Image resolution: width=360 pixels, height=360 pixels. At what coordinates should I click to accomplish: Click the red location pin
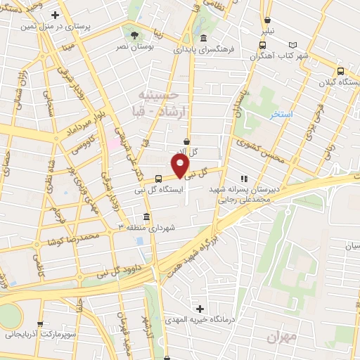coord(181,166)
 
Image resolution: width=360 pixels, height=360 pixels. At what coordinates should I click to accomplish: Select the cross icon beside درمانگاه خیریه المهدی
coord(200,309)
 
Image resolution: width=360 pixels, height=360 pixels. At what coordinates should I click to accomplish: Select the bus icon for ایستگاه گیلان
coord(341,71)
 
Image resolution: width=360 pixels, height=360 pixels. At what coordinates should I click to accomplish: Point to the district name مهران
coord(283,337)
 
